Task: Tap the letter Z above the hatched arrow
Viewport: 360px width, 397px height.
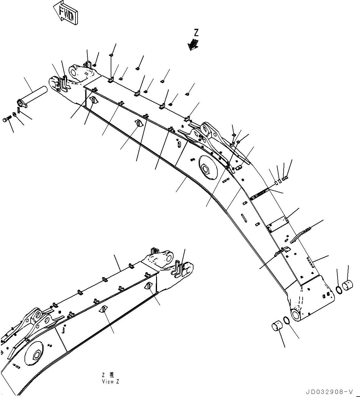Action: tap(196, 33)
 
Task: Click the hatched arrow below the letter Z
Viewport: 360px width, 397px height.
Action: tap(193, 44)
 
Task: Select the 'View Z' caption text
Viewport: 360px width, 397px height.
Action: tap(110, 382)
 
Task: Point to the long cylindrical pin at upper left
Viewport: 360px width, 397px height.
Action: tap(33, 96)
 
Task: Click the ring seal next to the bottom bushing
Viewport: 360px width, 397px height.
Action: tap(286, 320)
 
